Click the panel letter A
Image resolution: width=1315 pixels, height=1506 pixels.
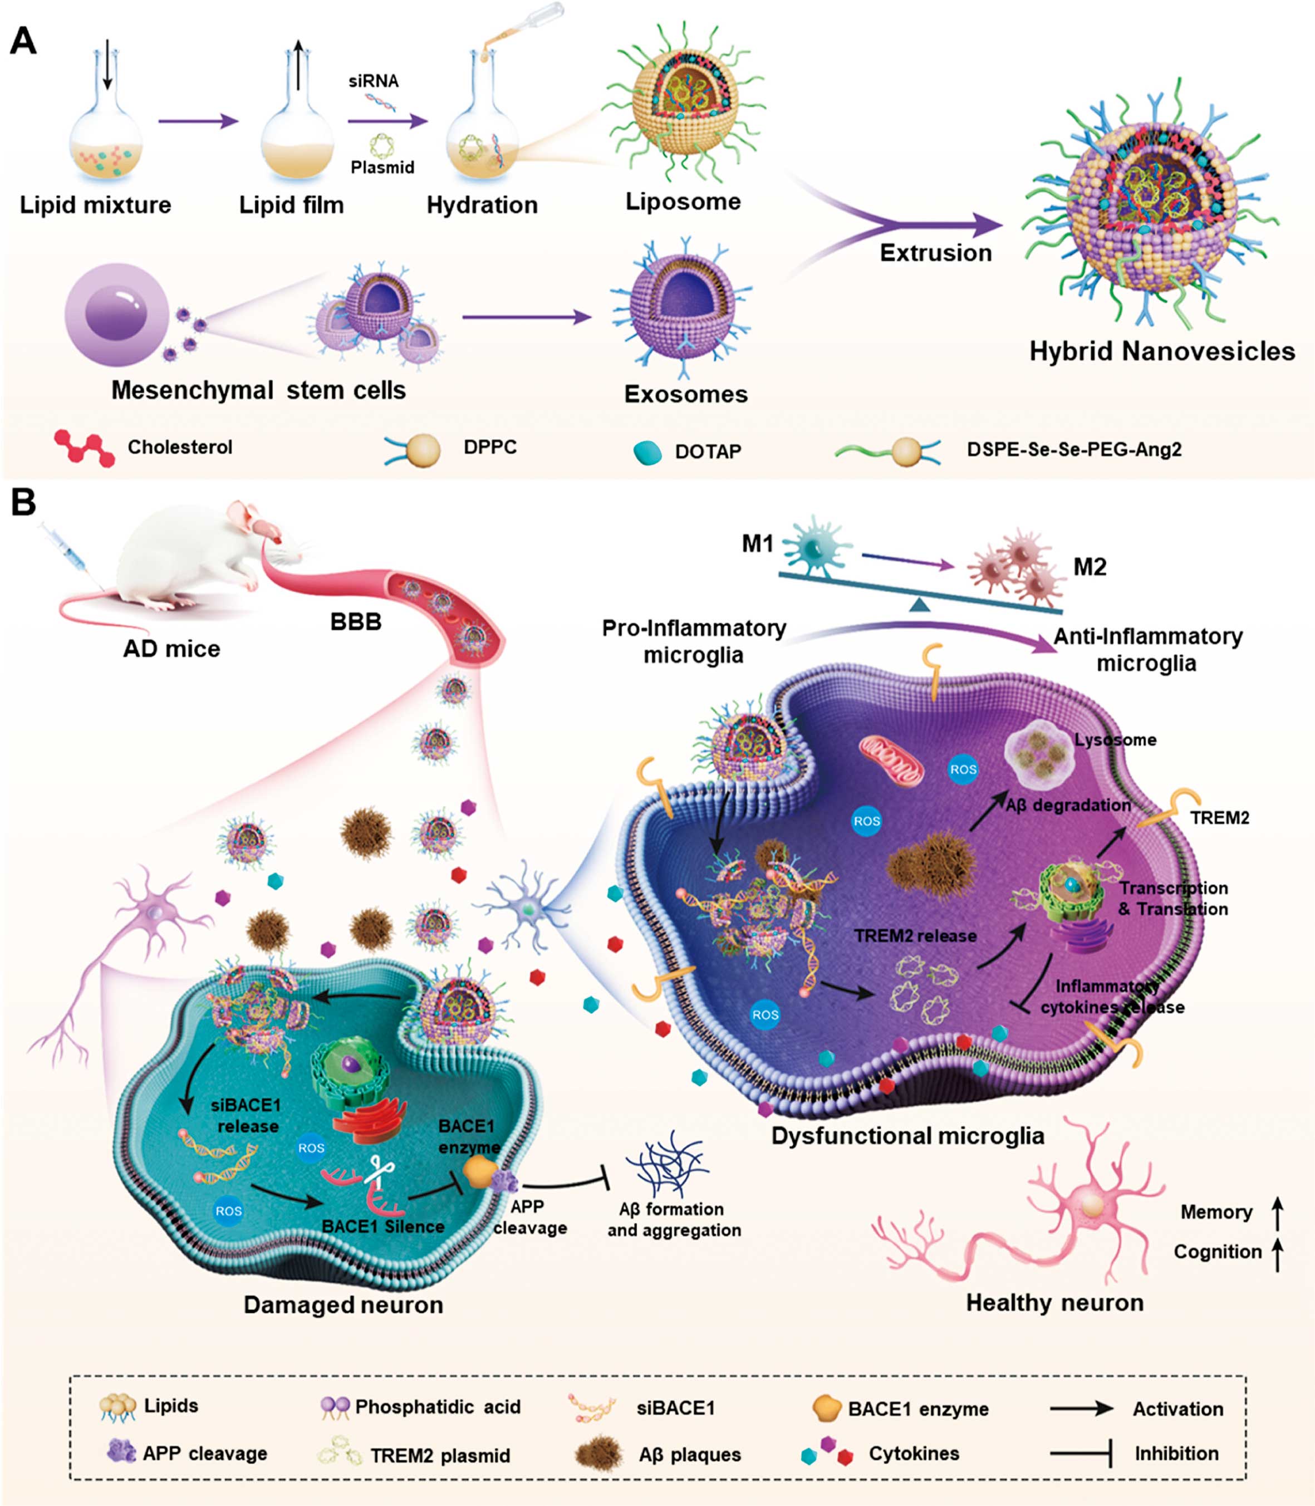tap(23, 41)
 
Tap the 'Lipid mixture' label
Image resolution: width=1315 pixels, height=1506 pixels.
tap(95, 205)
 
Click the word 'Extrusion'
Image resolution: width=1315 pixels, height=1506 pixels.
tap(936, 253)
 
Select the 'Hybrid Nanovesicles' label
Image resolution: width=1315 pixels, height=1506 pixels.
tap(1162, 351)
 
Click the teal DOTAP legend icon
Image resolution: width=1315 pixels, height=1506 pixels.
tap(647, 452)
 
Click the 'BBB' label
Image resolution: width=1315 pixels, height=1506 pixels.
tap(356, 622)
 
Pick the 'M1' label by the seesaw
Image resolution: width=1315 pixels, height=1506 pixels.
tap(757, 544)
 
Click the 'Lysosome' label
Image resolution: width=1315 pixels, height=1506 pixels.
tap(1115, 740)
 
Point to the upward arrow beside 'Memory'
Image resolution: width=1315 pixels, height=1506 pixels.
tap(1278, 1213)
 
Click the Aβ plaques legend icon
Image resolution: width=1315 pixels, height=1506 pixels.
tap(599, 1454)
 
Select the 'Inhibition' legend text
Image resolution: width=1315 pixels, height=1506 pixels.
tap(1176, 1453)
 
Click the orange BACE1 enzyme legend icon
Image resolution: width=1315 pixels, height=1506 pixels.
tap(826, 1407)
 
